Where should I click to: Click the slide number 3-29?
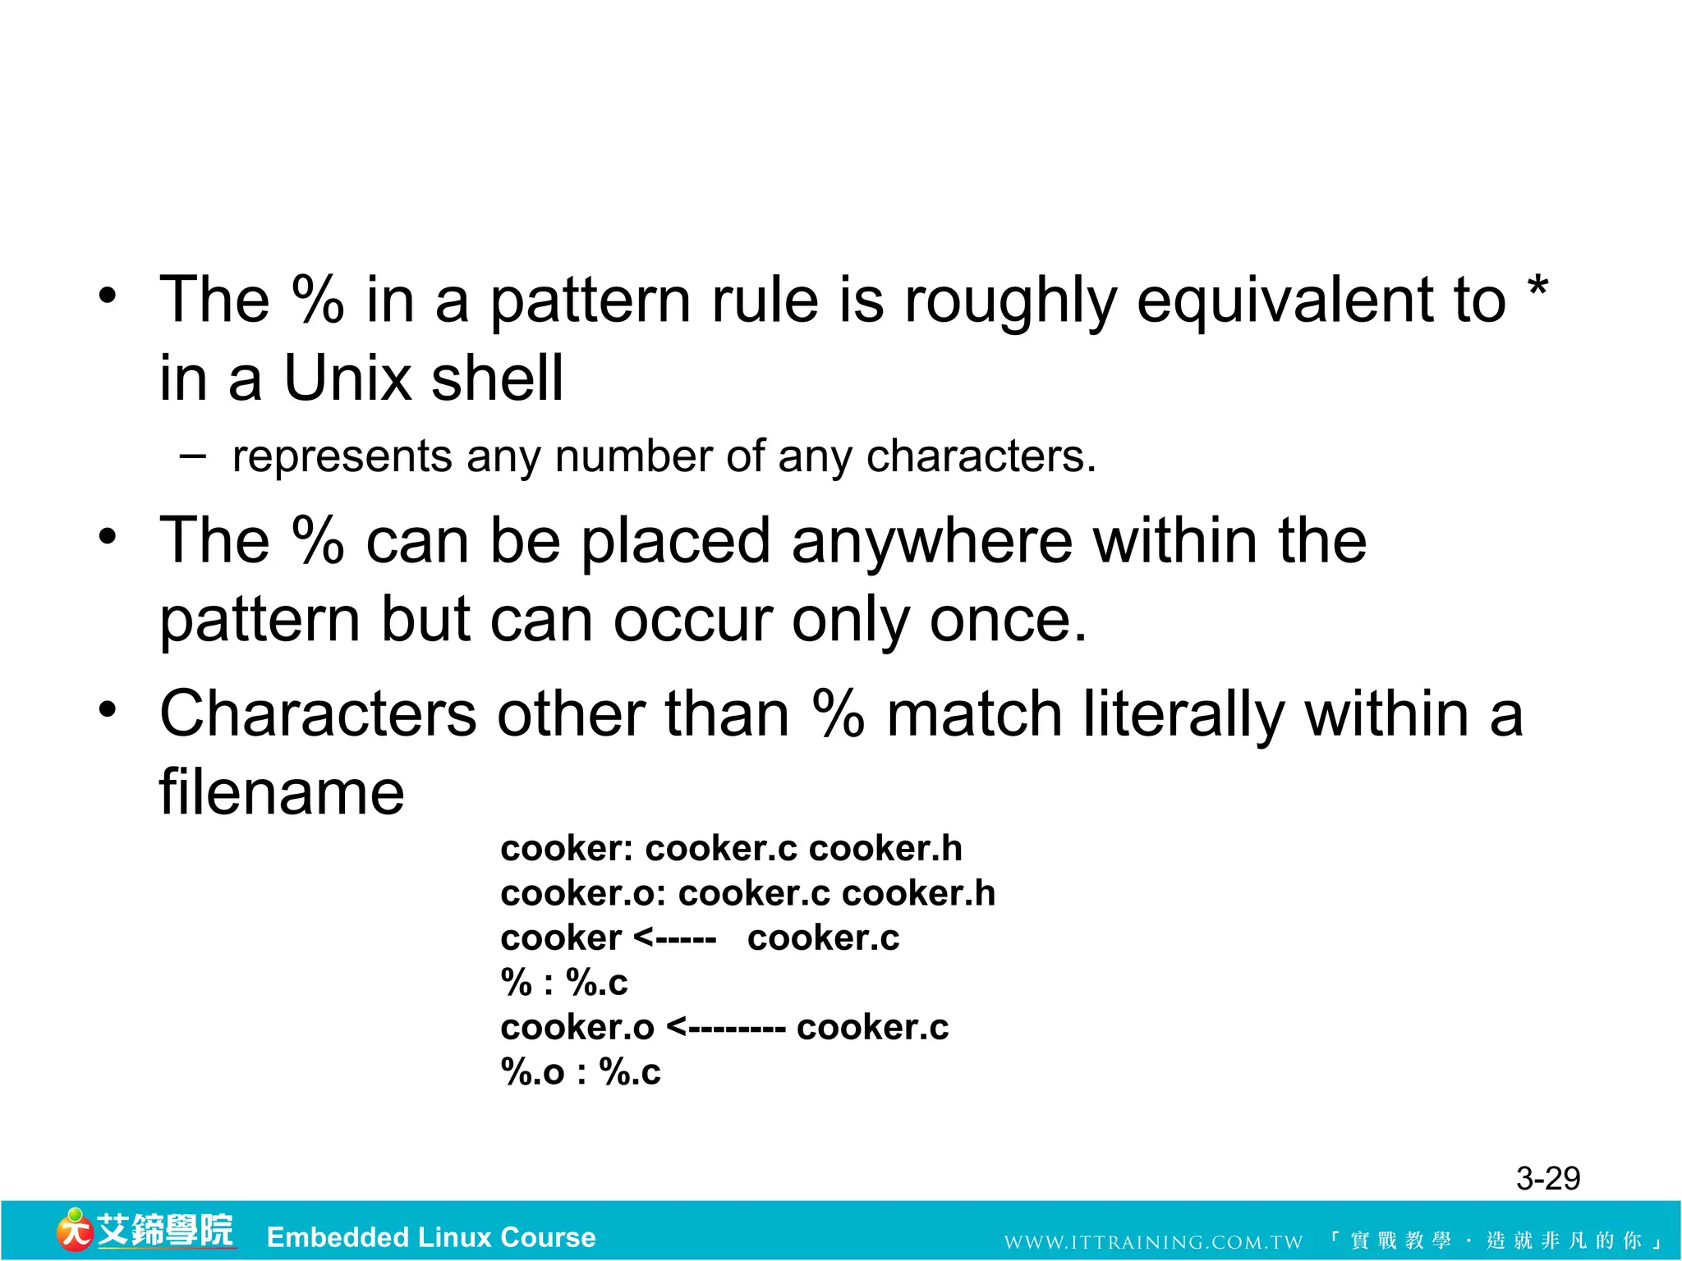1547,1179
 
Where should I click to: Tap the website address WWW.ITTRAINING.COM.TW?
1153,1242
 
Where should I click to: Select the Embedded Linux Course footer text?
431,1237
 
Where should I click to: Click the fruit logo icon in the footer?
74,1230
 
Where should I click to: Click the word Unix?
347,378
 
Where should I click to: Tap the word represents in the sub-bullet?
342,456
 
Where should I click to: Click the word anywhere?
932,542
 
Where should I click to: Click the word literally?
1183,713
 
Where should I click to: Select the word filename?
282,792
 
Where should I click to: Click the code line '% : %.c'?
564,983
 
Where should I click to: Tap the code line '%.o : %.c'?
581,1072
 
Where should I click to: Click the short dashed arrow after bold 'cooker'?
675,938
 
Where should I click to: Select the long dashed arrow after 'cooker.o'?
726,1028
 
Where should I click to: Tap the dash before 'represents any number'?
192,454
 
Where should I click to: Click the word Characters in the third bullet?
318,713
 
